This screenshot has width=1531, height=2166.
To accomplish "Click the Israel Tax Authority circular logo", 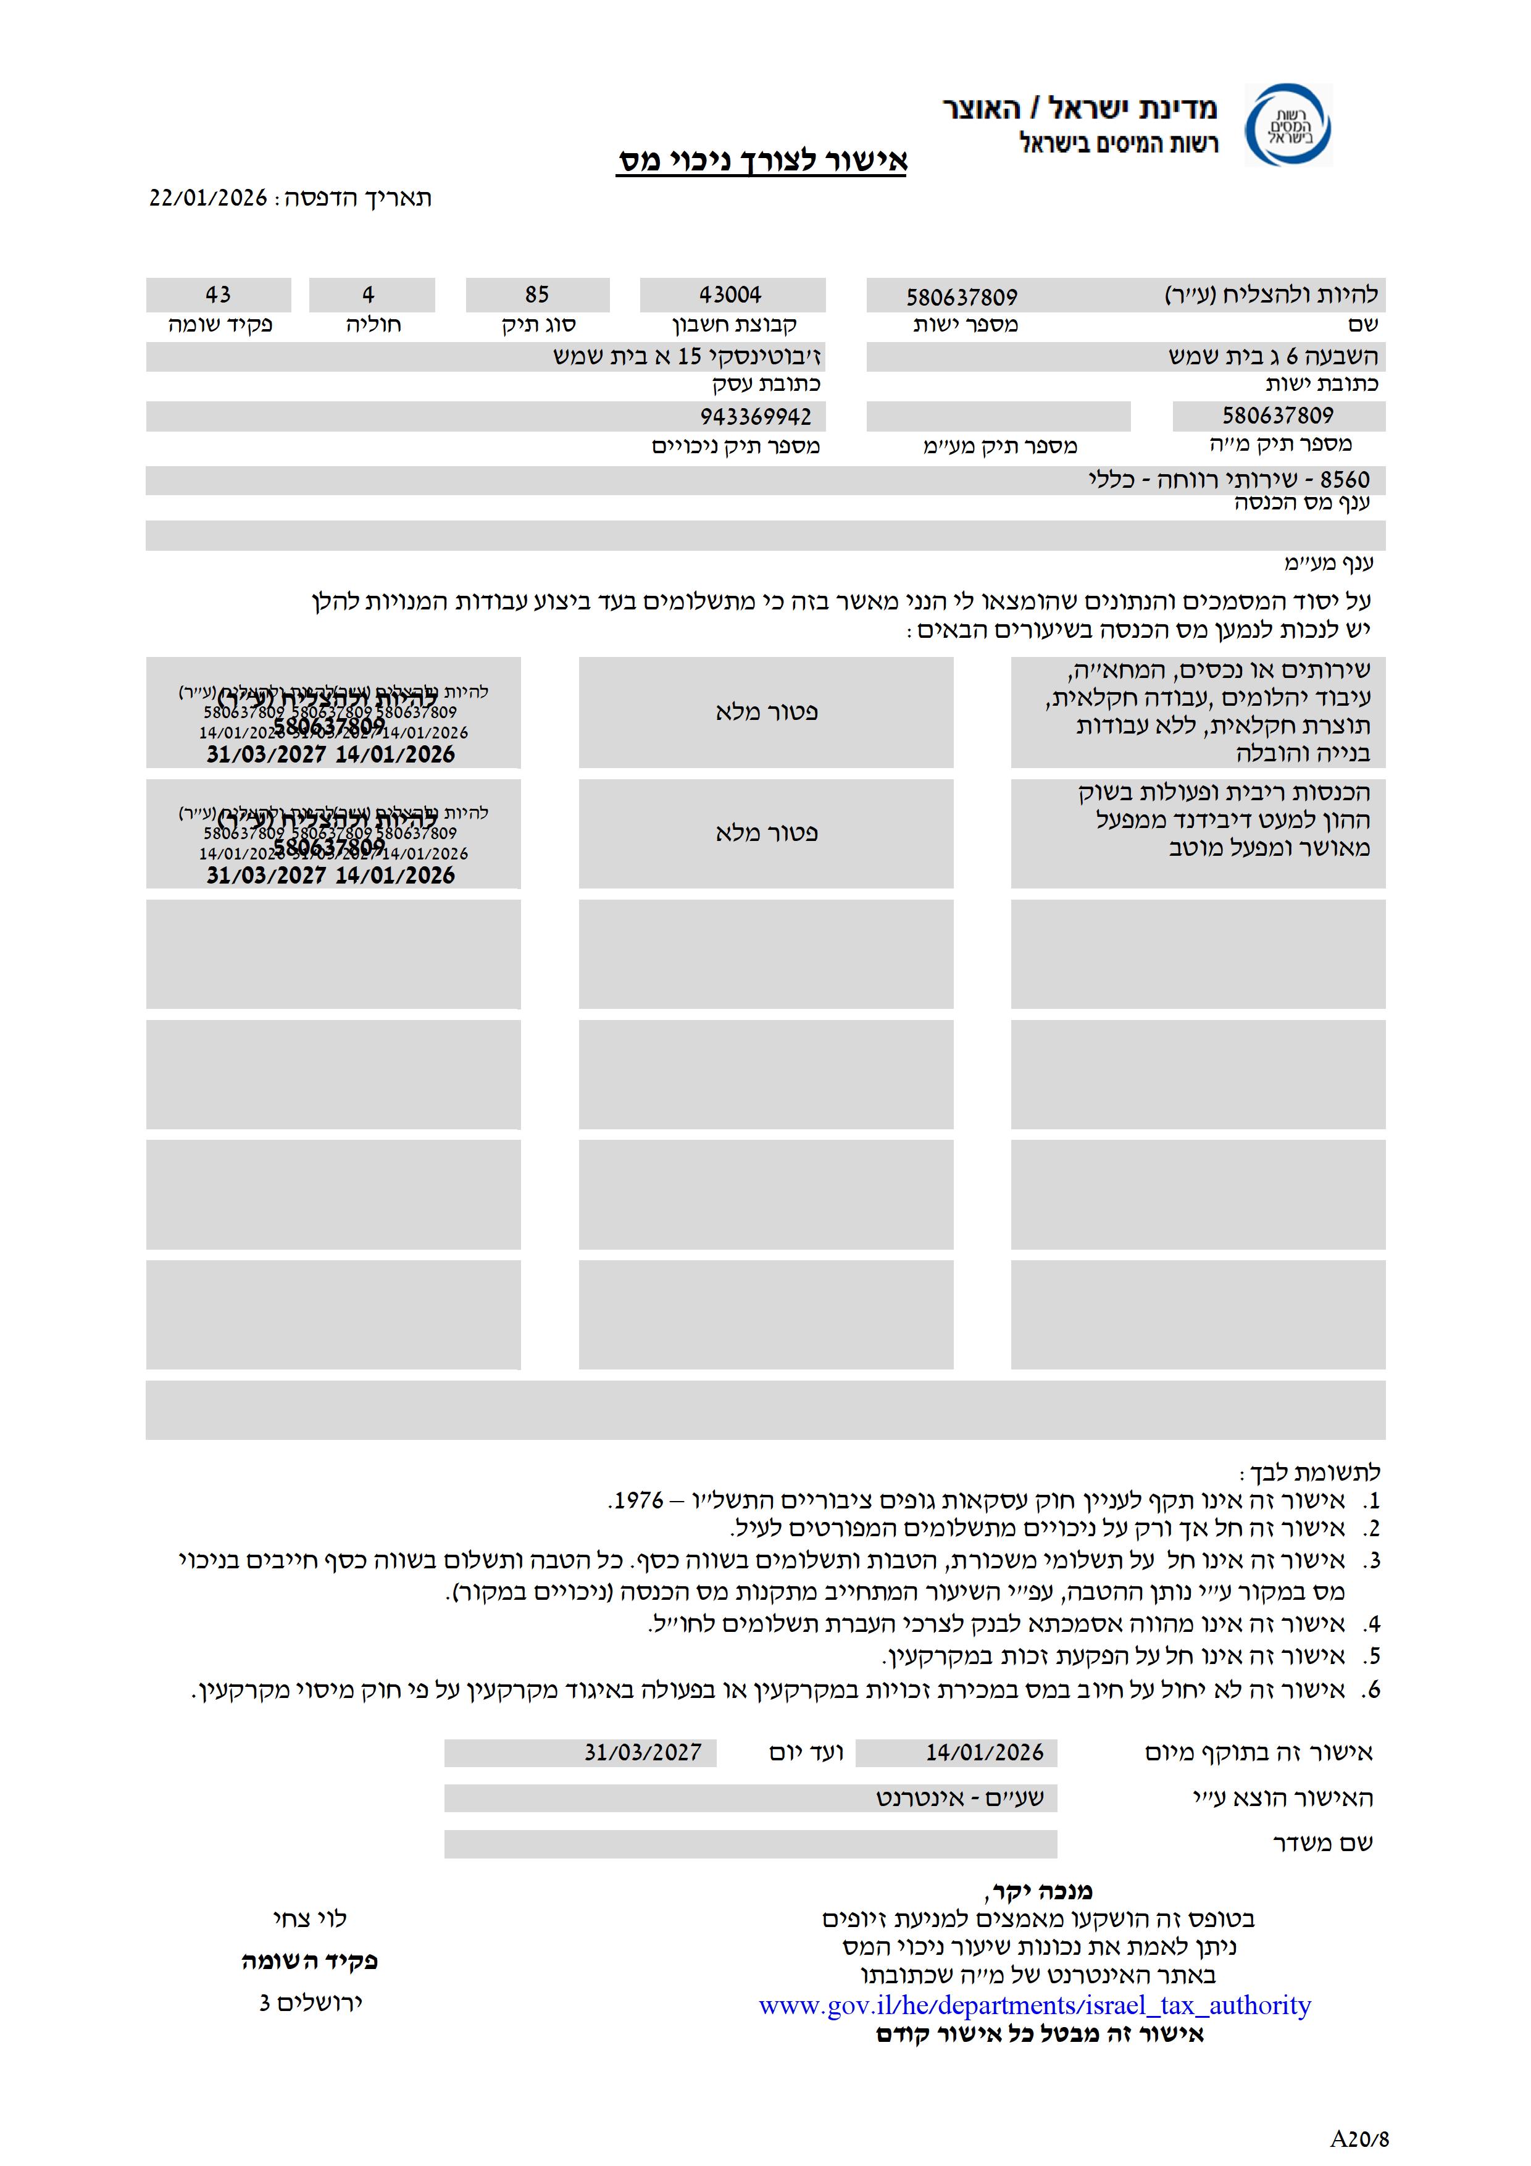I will pyautogui.click(x=1288, y=125).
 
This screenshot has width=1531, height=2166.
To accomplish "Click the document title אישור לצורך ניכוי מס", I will pyautogui.click(x=762, y=161).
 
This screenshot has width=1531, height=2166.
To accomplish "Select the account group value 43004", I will pyautogui.click(x=730, y=295).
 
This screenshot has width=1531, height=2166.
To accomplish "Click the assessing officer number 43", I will pyautogui.click(x=218, y=295).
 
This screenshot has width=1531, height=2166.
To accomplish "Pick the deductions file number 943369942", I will pyautogui.click(x=756, y=417).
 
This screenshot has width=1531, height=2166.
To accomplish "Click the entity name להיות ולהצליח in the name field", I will pyautogui.click(x=1270, y=295).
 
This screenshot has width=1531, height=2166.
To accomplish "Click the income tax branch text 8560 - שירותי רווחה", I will pyautogui.click(x=1229, y=479).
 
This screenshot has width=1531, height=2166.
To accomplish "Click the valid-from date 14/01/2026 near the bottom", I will pyautogui.click(x=984, y=1753).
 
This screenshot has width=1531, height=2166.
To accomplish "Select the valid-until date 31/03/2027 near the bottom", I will pyautogui.click(x=643, y=1753).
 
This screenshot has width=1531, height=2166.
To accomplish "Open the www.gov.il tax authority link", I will pyautogui.click(x=1034, y=2005).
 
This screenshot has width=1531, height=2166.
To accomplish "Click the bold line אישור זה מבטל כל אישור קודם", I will pyautogui.click(x=1040, y=2035).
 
